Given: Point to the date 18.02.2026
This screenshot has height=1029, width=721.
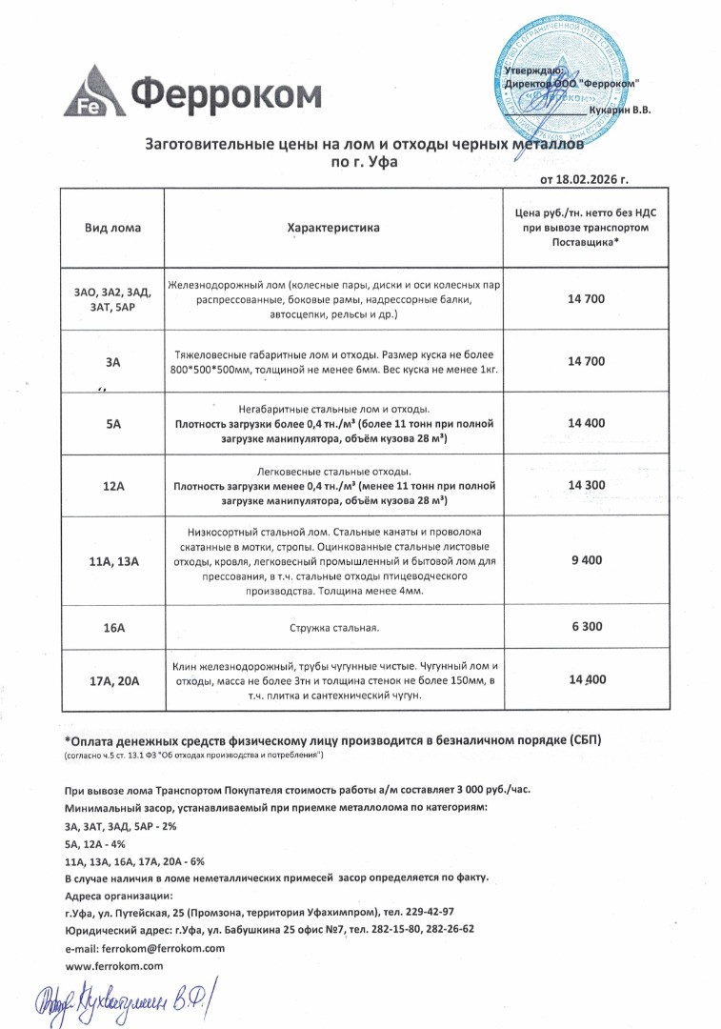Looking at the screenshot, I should point(584,178).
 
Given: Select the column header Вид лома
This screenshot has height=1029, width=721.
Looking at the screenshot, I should point(112,228).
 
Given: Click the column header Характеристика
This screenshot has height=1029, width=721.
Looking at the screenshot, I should point(333,228).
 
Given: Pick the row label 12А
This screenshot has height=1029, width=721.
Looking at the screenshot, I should point(113,486).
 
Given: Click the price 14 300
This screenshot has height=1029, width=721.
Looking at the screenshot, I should point(586,485).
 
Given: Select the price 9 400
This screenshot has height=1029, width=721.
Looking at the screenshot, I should point(586,560).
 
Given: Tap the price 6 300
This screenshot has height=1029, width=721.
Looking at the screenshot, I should point(586,628).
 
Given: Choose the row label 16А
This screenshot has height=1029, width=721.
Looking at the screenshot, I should point(113,629).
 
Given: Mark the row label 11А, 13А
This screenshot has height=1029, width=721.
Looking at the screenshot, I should point(113,562).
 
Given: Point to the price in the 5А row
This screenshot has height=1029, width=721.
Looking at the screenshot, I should point(586,422).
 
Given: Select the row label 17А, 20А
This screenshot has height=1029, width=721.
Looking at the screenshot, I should point(113,680).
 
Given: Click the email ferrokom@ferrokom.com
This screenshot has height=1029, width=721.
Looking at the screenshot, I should point(144,948).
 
